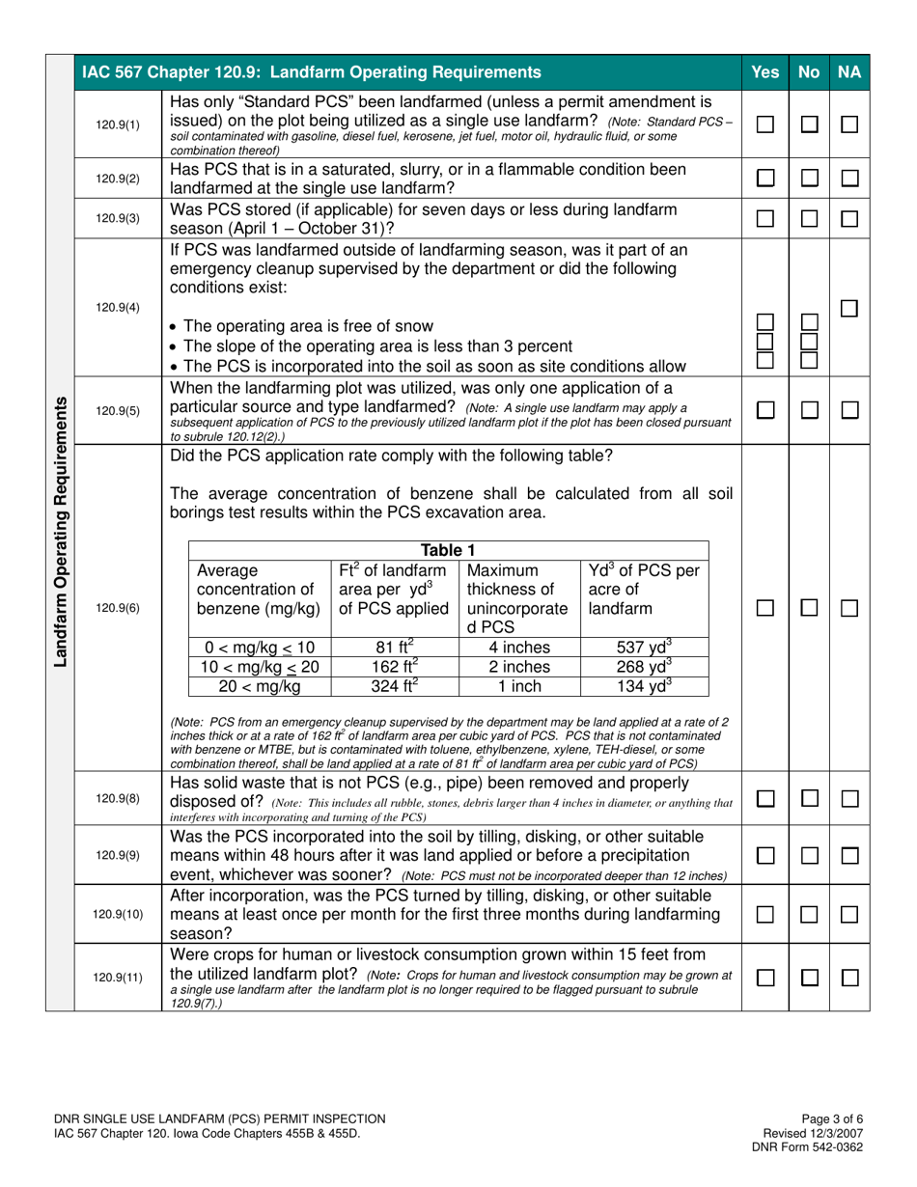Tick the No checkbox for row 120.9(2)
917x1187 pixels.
(x=811, y=178)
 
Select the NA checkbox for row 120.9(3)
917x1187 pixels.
(x=850, y=219)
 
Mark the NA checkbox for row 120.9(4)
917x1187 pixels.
(x=850, y=309)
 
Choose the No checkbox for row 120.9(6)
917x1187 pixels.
(x=811, y=608)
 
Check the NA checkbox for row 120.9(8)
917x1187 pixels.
(x=850, y=798)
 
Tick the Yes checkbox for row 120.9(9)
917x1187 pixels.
(x=764, y=856)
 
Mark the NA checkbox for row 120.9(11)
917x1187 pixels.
(x=850, y=978)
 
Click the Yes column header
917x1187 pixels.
(x=764, y=71)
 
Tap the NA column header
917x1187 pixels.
(x=850, y=71)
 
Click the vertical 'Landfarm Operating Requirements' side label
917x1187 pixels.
(x=60, y=531)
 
